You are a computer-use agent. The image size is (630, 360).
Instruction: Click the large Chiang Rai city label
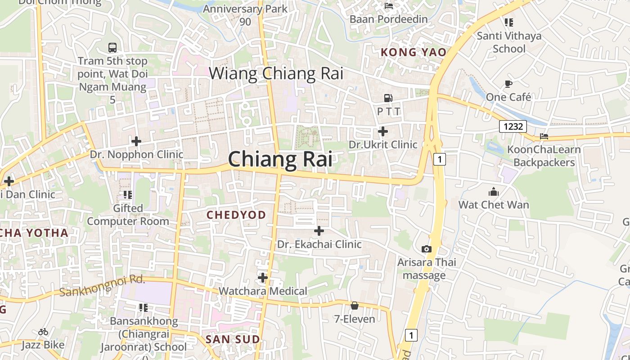280,160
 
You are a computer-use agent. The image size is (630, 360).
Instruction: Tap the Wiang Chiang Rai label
276,73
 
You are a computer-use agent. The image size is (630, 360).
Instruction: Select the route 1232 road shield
513,126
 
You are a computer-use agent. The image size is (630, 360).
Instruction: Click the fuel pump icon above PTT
388,98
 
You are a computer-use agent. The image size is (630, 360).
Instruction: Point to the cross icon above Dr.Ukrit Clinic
383,131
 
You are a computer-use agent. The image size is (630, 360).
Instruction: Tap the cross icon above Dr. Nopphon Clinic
136,141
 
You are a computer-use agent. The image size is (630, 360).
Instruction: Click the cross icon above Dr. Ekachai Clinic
319,231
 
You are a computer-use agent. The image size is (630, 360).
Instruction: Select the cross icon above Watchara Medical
263,278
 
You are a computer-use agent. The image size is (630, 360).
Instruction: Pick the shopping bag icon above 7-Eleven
355,306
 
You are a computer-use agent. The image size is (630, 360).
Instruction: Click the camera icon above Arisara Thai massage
427,249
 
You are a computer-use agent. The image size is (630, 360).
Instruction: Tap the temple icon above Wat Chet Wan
494,192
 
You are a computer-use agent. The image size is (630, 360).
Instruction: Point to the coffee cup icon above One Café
508,84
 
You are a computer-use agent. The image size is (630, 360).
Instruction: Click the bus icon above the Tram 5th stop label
112,47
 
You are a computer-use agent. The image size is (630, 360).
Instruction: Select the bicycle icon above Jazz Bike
43,332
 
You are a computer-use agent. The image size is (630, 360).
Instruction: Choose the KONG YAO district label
414,53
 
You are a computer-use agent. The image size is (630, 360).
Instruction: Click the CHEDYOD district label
236,215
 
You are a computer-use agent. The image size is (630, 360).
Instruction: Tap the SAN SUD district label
233,340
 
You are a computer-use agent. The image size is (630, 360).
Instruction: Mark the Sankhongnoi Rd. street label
103,286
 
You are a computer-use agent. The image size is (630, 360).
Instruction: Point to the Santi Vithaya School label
509,42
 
